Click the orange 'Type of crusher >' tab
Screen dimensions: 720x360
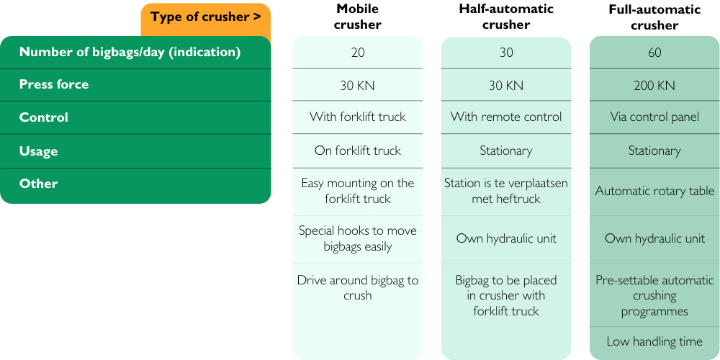tap(206, 17)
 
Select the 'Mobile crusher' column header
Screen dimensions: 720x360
tap(358, 17)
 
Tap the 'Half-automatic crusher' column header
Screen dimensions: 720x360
tap(506, 17)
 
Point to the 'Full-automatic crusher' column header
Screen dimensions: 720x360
tap(654, 17)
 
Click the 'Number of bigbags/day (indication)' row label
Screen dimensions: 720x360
tap(130, 53)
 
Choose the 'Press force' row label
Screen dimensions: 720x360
tap(54, 84)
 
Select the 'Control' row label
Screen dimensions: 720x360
tap(44, 117)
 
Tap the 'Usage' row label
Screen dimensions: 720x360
tap(39, 151)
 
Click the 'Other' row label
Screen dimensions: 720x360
tap(39, 184)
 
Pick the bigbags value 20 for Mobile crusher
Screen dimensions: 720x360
tap(358, 53)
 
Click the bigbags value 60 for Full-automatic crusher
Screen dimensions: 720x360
tap(654, 53)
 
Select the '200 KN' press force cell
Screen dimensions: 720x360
tap(654, 86)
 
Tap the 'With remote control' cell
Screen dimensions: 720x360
tap(506, 117)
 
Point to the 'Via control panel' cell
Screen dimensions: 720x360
tap(654, 117)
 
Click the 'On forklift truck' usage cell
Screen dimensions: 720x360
tap(358, 150)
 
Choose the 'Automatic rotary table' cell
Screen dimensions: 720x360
tap(654, 191)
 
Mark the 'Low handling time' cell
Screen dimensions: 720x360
tap(654, 341)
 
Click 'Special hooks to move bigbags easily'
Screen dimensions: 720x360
tap(358, 238)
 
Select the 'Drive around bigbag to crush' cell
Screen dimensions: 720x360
tap(358, 287)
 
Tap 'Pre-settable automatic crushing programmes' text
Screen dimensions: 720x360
tap(654, 296)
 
